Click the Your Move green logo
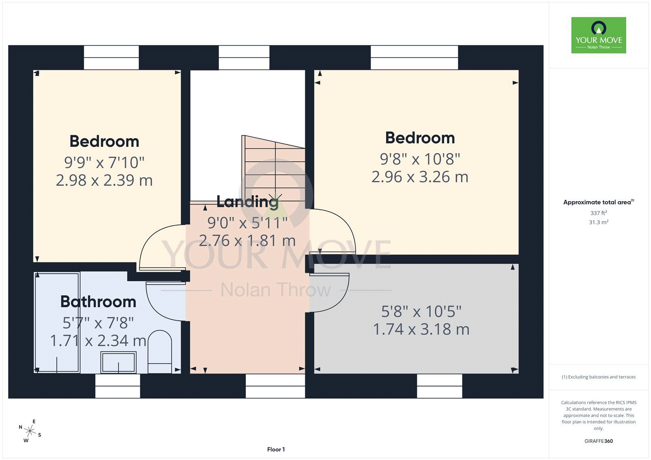pos(599,35)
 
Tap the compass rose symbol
pos(30,431)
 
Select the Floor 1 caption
pos(276,449)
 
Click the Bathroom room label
pos(98,302)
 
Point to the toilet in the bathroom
pos(160,352)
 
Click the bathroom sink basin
pos(118,362)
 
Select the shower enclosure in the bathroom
pos(57,323)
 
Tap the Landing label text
pos(248,201)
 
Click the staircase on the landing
pos(273,168)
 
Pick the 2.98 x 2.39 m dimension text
pos(104,180)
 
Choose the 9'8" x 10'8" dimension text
pos(420,159)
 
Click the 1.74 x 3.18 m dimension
pos(421,329)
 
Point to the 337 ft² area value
pos(599,213)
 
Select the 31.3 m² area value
pos(599,222)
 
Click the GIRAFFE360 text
pos(599,441)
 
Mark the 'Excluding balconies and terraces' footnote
pos(599,377)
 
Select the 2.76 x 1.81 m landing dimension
pos(247,241)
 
